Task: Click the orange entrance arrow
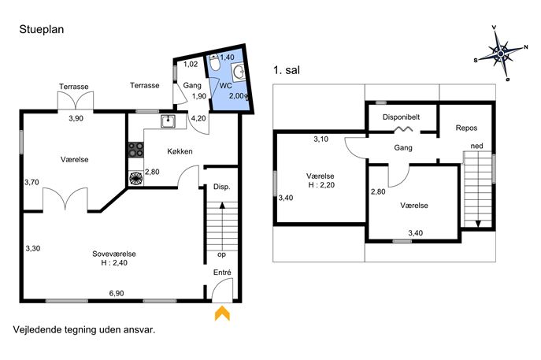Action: [x=222, y=313]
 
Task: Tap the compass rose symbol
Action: [x=502, y=53]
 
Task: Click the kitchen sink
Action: [x=168, y=121]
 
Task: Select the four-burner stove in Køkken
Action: [x=136, y=150]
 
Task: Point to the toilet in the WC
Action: [x=215, y=62]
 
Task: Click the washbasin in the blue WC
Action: [x=239, y=72]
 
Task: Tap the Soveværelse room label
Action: [x=114, y=254]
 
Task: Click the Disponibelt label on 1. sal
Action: [x=402, y=117]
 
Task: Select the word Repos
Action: [x=466, y=128]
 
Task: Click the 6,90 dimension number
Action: [x=117, y=293]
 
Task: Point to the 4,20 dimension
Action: [x=198, y=118]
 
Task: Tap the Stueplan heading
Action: [x=42, y=29]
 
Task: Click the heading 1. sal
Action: [x=287, y=70]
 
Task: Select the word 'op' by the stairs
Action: [x=221, y=254]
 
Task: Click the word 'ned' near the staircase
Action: [x=477, y=146]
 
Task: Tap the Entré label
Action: [x=222, y=273]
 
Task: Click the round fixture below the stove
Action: [x=136, y=178]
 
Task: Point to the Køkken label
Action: [x=180, y=151]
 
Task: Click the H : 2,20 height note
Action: [x=321, y=185]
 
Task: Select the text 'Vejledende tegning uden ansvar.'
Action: [x=84, y=329]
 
